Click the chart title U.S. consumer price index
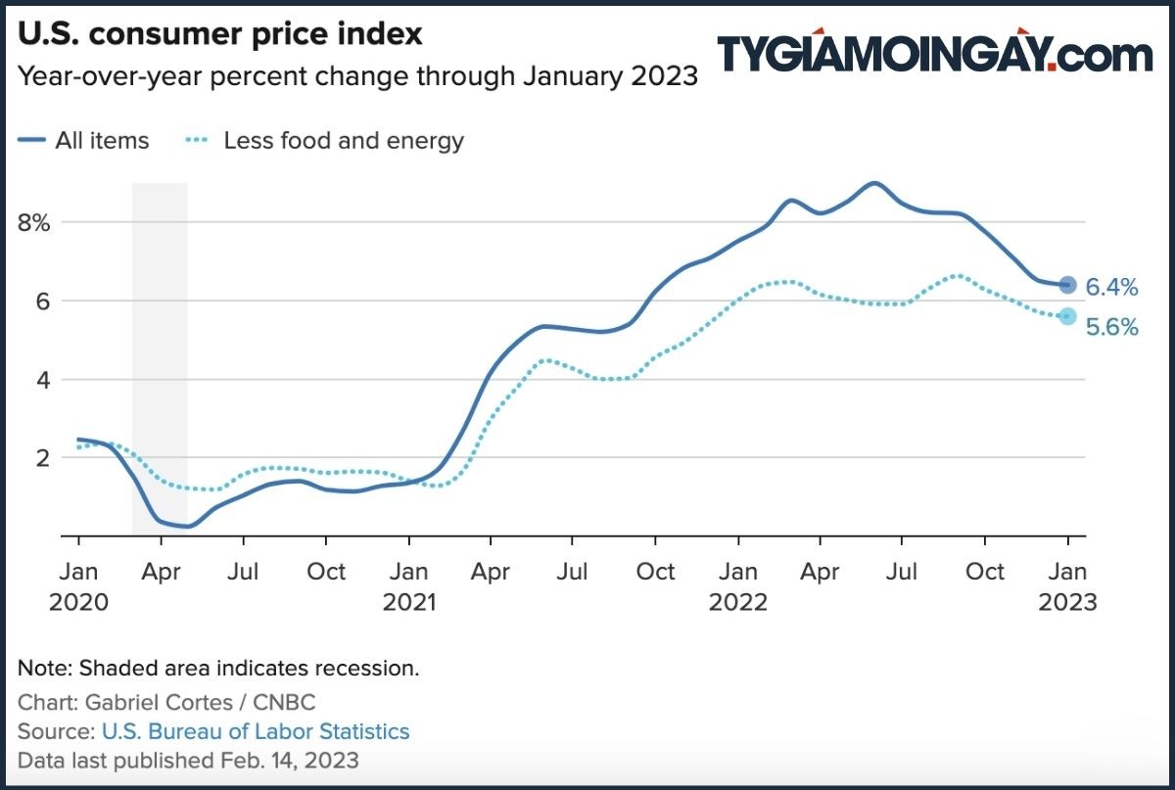220,34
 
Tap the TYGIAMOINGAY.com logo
934,53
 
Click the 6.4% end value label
1112,288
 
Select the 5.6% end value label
1112,328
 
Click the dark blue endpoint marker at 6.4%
1067,285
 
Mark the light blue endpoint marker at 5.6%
1067,316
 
